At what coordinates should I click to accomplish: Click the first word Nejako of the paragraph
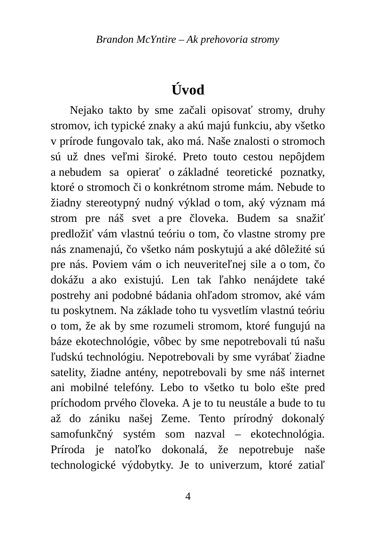(85, 111)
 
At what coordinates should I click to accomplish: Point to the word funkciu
(253, 127)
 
